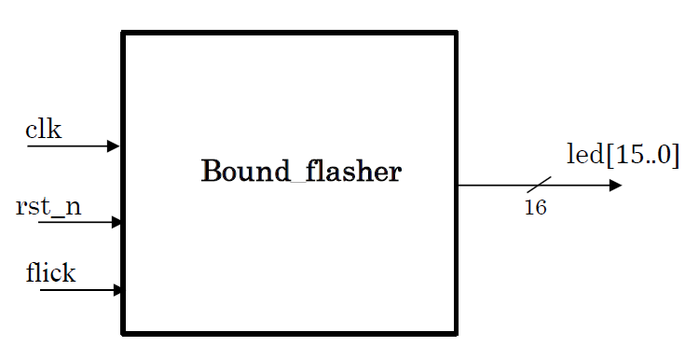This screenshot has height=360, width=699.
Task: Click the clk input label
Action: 43,130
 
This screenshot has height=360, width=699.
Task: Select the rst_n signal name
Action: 48,206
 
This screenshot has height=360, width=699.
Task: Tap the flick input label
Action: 50,273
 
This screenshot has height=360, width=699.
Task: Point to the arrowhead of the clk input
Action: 114,145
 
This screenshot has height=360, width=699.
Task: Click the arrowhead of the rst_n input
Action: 116,222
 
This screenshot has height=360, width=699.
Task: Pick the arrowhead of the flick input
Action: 117,290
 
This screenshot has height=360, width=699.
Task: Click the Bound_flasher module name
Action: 301,172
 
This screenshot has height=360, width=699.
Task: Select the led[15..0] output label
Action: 623,154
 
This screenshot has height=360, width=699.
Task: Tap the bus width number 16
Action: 535,208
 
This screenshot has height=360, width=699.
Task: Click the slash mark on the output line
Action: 539,185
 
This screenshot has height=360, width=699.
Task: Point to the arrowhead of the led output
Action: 615,185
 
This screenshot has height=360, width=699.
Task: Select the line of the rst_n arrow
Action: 75,222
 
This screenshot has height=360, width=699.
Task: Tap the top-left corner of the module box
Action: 124,35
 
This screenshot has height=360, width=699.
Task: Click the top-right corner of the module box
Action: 456,35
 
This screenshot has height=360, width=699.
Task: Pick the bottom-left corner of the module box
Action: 124,332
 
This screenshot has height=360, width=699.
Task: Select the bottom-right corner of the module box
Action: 456,332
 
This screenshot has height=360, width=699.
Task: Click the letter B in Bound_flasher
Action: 212,172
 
